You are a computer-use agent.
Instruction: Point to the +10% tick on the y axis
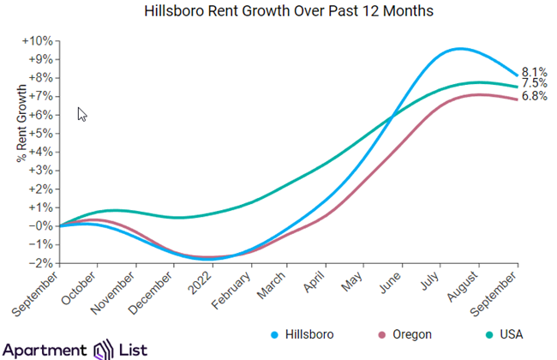(x=41, y=41)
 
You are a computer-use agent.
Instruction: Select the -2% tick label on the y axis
(x=43, y=262)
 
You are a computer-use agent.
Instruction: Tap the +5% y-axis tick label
(x=43, y=134)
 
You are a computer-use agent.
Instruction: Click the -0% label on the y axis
(x=43, y=225)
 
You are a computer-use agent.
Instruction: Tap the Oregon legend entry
(x=410, y=334)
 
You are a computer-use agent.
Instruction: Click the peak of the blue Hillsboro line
(x=460, y=49)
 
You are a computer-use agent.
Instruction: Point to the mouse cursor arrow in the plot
(x=81, y=113)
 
